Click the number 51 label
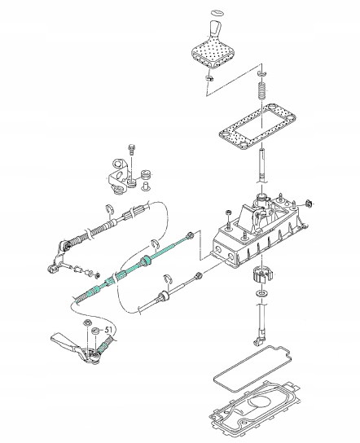(x=109, y=330)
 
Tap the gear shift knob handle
(x=216, y=29)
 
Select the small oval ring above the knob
(x=217, y=12)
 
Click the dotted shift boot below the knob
(x=213, y=53)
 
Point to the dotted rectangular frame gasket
(x=257, y=126)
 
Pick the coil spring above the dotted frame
(x=261, y=90)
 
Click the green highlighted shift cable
(x=133, y=269)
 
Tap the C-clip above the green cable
(x=155, y=244)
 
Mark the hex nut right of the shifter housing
(x=309, y=204)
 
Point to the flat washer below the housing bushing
(x=262, y=292)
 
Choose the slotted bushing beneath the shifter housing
(x=262, y=275)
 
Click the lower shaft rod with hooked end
(x=261, y=324)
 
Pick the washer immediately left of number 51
(x=96, y=331)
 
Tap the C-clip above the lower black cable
(x=168, y=279)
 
